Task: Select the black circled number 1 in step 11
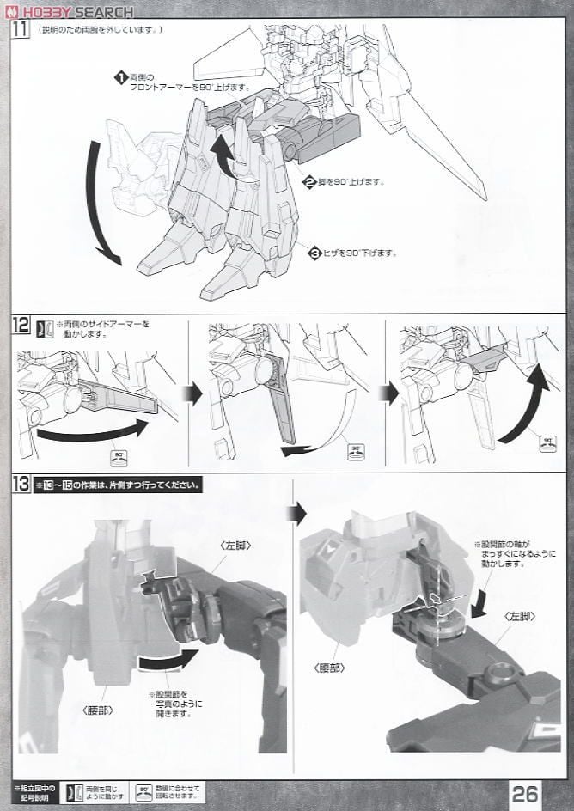pyautogui.click(x=120, y=78)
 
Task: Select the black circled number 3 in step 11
pyautogui.click(x=316, y=252)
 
